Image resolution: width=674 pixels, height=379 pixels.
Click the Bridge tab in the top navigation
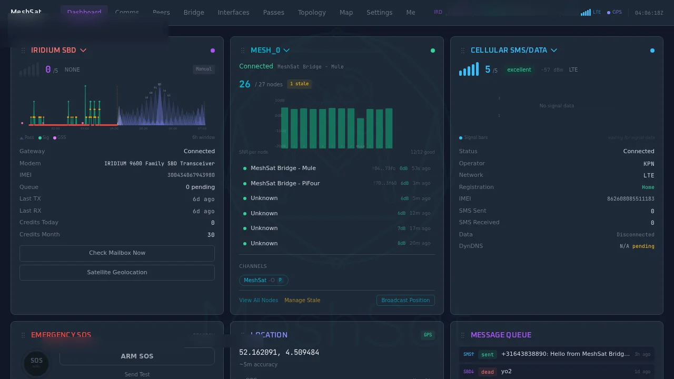click(194, 12)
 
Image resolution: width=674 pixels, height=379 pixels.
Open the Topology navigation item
click(312, 12)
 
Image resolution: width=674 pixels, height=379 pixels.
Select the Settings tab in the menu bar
click(379, 12)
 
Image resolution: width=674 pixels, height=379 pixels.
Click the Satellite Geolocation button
click(117, 272)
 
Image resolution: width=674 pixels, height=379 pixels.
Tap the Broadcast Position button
click(405, 300)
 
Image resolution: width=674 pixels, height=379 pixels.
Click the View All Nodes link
click(259, 300)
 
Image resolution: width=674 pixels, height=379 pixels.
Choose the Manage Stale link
click(302, 300)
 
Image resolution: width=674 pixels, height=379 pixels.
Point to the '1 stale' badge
click(299, 84)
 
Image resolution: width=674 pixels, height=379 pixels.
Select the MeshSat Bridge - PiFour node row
click(285, 183)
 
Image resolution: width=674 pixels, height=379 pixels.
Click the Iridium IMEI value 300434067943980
click(191, 175)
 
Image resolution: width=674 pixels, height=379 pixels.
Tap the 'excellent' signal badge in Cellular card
click(519, 69)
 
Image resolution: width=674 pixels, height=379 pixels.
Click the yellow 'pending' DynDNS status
click(643, 246)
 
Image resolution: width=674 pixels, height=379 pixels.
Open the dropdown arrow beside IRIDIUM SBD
click(83, 50)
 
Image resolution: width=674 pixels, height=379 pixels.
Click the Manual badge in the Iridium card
click(203, 69)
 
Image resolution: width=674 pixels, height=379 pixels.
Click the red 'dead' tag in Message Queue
click(487, 371)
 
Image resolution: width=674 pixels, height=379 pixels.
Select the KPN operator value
click(649, 163)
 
